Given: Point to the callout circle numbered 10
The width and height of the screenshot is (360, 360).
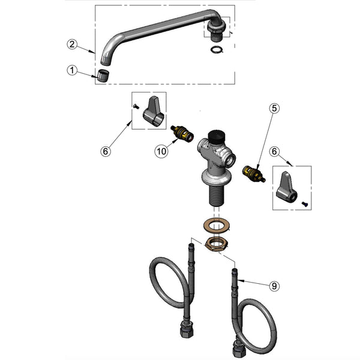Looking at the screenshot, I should click(x=161, y=152).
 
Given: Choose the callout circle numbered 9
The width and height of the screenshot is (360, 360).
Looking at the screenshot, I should click(x=274, y=286).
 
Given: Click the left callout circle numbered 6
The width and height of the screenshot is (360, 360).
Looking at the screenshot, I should click(x=106, y=152).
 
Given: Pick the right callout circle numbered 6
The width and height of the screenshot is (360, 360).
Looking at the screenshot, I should click(x=275, y=153).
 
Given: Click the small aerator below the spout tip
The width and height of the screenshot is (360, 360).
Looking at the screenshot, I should click(x=103, y=76).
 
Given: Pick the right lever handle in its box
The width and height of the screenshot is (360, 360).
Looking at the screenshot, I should click(x=287, y=187).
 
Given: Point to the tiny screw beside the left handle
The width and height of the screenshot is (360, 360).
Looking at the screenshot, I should click(x=135, y=107).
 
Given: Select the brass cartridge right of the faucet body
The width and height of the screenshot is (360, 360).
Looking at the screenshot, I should click(x=252, y=175).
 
